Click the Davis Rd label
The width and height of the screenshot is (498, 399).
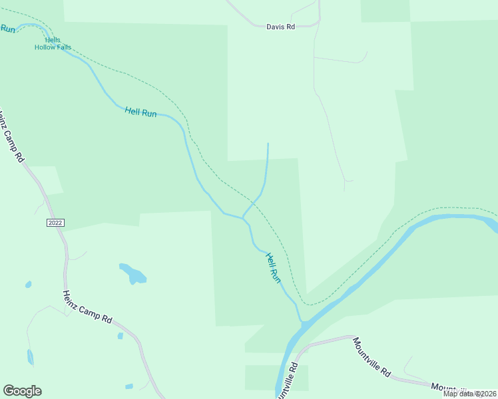280,27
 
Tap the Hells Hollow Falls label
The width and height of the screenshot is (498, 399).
53,44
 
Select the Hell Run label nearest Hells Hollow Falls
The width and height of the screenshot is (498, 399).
140,112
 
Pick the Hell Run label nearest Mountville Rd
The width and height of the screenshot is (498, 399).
274,268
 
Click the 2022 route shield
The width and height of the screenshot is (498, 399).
56,222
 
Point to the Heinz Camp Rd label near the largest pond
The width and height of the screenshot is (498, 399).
87,307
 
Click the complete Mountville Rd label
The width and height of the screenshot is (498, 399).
372,357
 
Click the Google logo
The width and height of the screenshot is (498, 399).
22,391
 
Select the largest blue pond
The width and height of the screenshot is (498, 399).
133,273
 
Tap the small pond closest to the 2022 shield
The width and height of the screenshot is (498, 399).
28,285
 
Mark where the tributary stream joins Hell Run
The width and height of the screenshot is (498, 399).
242,217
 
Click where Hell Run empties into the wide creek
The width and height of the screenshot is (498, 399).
302,324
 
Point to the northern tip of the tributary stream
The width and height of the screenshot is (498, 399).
268,144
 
